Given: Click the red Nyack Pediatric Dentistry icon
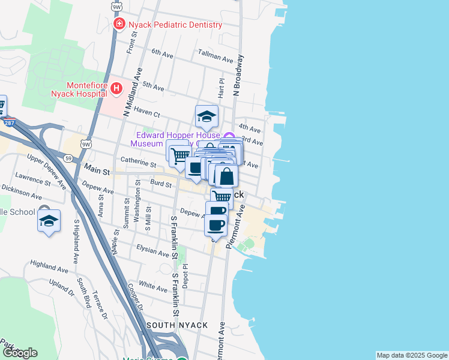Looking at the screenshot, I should (x=119, y=25).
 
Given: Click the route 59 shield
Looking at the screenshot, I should (x=68, y=158).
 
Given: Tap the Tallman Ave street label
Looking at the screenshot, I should (x=215, y=59).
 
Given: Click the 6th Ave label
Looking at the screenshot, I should (x=162, y=53).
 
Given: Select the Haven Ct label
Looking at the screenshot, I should (x=147, y=113).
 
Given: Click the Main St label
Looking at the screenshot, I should (x=96, y=172).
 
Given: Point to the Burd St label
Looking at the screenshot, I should (x=161, y=185).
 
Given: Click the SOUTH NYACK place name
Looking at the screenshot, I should (x=177, y=325).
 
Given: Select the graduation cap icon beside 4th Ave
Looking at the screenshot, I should (x=206, y=116).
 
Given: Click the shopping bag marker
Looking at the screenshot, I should (x=227, y=176).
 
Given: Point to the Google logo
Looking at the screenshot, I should (x=20, y=353).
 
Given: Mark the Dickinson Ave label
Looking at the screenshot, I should (x=22, y=193).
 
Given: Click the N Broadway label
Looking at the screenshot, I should (x=239, y=76).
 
